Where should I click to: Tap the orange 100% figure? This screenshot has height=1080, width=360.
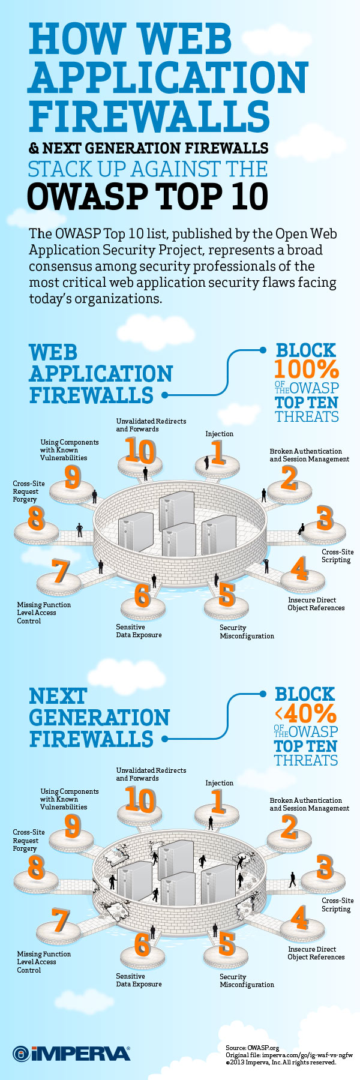point(307,368)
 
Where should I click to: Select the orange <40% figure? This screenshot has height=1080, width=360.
point(305,713)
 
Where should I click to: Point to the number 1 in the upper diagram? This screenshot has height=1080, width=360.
point(217,452)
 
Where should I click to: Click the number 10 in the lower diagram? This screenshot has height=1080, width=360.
point(140,800)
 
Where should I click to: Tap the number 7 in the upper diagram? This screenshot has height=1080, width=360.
point(60,571)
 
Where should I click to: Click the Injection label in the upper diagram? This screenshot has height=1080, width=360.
point(220,434)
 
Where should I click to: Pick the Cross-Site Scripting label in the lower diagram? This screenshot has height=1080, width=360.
point(337,905)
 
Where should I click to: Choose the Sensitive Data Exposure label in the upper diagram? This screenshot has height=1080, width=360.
point(139,631)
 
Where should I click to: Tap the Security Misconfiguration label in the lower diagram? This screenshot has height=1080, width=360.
point(247,980)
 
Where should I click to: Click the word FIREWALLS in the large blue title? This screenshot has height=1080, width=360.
point(149,116)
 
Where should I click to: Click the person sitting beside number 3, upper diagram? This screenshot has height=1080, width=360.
point(301,529)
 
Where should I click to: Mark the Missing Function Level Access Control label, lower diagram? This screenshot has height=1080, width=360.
point(44,962)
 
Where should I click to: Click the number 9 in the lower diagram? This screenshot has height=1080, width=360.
point(73,826)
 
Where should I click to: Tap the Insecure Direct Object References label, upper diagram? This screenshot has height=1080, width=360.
point(316,604)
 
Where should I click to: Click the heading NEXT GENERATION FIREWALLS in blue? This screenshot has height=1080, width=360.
point(100,718)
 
